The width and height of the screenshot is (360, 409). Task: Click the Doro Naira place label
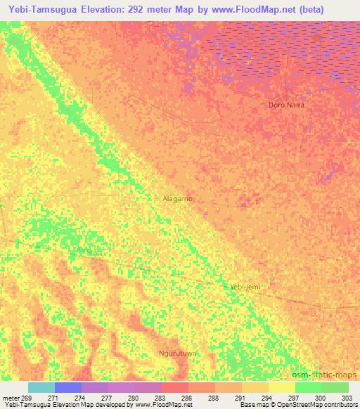coord(287,105)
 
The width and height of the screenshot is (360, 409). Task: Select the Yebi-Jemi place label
coord(245,287)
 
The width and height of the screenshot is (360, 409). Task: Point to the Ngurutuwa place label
coord(177,353)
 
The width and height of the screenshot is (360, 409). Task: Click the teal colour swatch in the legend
coord(41,387)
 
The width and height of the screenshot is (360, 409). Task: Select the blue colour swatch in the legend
coord(68,387)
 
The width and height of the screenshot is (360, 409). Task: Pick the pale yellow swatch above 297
coord(281,387)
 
